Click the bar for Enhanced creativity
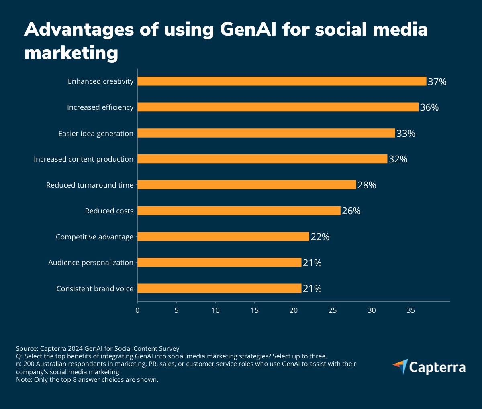pos(281,81)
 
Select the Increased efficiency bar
pos(277,107)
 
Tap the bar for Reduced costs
pos(239,211)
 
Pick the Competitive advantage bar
pos(223,237)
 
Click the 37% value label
pos(437,82)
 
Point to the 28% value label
pos(367,185)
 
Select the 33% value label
pos(406,134)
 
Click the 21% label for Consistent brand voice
pos(312,289)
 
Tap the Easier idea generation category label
pos(96,134)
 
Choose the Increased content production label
pos(84,159)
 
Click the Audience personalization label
pos(91,263)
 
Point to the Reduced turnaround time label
pos(90,185)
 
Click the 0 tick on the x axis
pos(137,310)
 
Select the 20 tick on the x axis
pos(294,310)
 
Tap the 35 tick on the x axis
pos(411,310)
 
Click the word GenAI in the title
pos(248,30)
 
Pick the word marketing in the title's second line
pos(71,53)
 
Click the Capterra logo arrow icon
pos(400,366)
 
